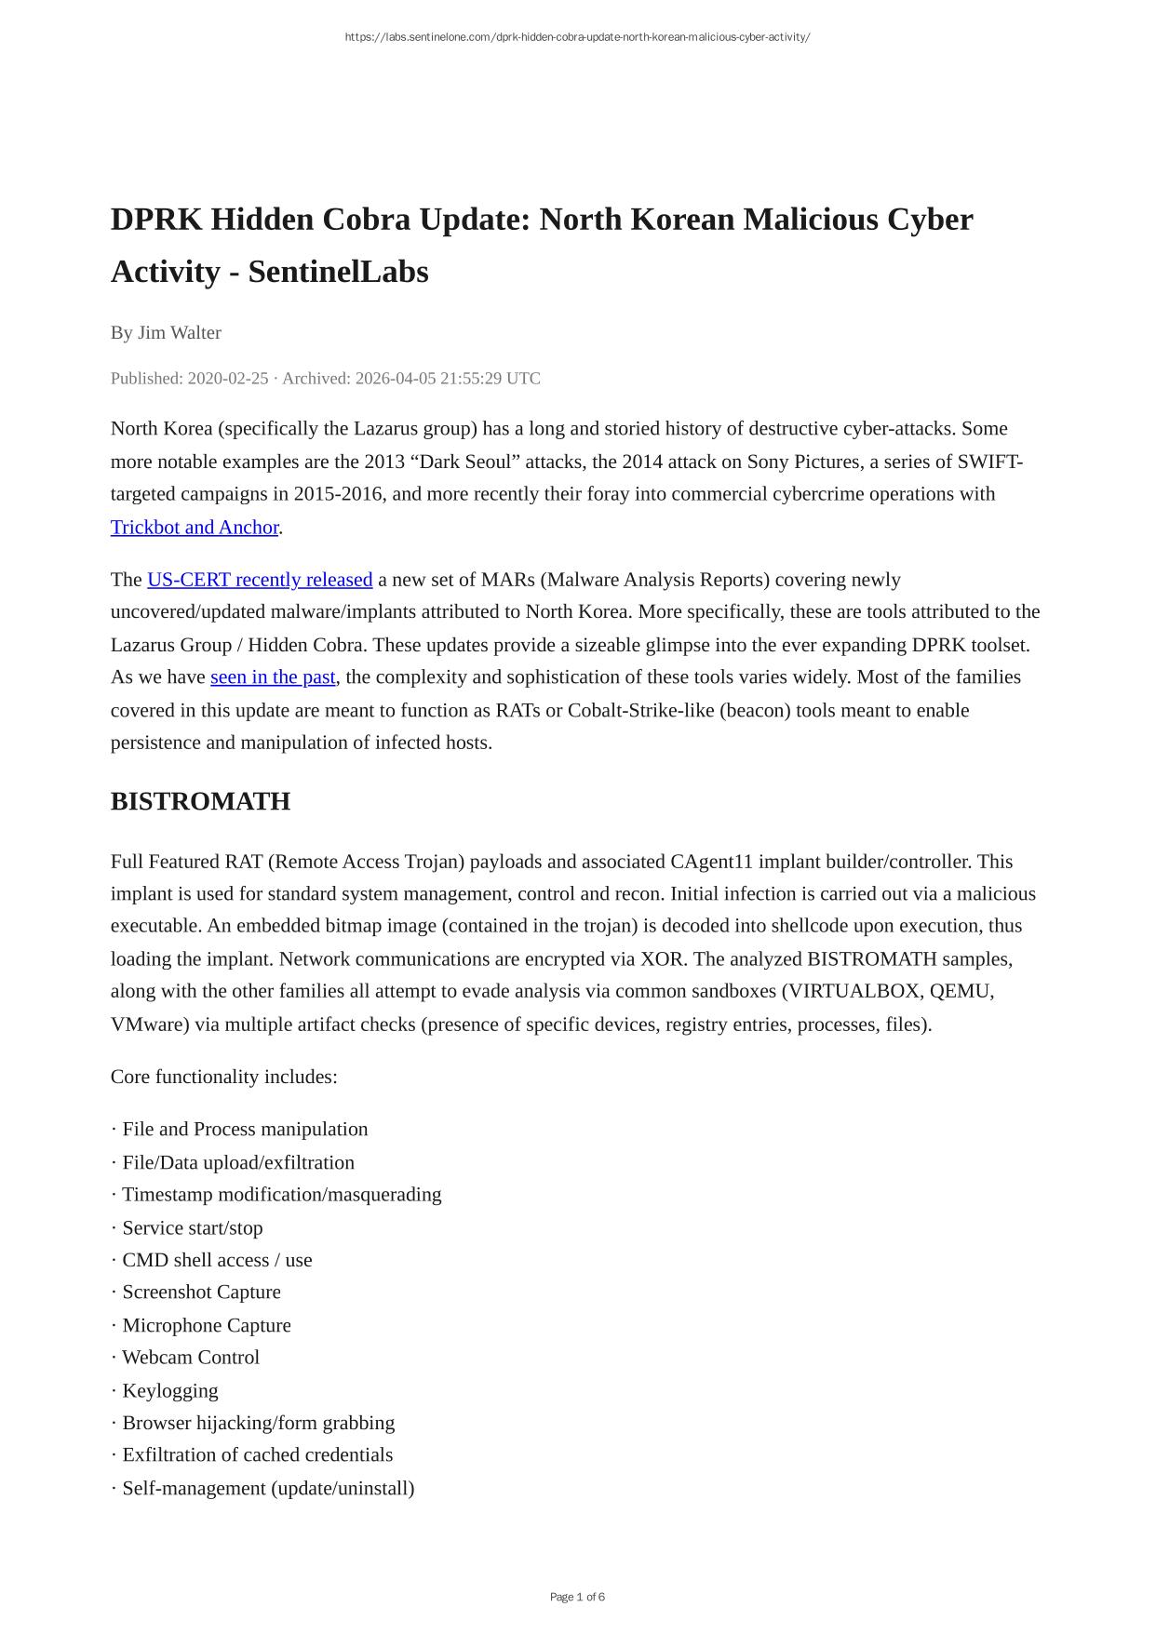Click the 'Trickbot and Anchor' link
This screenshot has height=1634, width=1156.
point(195,528)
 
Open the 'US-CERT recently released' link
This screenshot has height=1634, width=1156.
point(260,580)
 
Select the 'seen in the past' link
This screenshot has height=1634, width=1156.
point(273,677)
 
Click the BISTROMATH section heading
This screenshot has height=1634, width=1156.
point(200,801)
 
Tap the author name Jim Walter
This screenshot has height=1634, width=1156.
point(179,333)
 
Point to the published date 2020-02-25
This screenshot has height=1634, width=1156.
point(227,379)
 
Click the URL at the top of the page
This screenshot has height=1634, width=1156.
point(577,37)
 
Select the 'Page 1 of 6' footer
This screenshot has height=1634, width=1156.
point(577,1597)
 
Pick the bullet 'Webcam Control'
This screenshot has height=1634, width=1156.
point(190,1358)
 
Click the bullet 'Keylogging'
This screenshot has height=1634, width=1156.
point(169,1391)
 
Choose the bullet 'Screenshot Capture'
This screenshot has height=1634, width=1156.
point(201,1292)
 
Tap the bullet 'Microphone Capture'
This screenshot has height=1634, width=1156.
point(206,1325)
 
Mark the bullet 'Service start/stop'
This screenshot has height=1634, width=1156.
point(192,1228)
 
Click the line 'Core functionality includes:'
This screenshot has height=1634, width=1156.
point(223,1077)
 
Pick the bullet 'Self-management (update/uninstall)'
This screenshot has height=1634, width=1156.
point(267,1488)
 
